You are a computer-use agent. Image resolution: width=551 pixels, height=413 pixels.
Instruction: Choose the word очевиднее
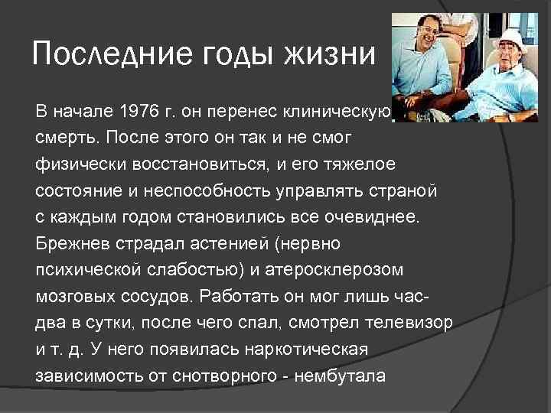click(x=377, y=217)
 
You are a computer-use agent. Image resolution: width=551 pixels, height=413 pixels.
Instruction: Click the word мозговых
click(x=71, y=295)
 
